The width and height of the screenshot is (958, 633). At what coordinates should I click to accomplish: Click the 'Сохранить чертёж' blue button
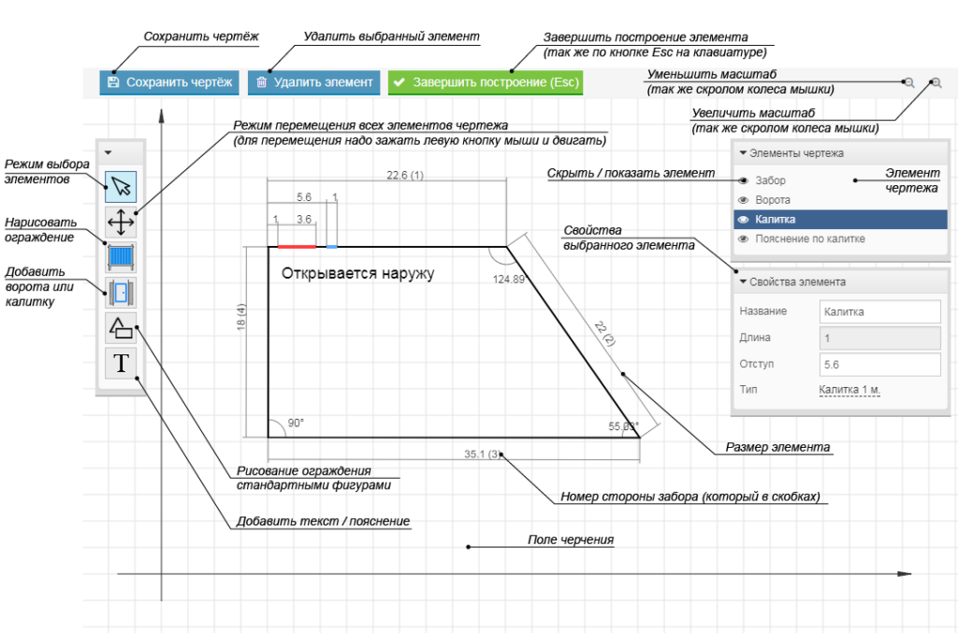point(169,82)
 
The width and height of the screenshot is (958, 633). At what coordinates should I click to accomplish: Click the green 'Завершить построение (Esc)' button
point(486,82)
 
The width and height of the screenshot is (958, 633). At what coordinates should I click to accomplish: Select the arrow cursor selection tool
point(121,187)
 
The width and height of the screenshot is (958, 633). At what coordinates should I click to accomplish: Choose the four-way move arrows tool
point(121,222)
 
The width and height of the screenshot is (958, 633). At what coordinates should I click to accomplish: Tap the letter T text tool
point(121,362)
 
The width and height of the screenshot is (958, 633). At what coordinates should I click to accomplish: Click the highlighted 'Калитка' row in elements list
point(840,220)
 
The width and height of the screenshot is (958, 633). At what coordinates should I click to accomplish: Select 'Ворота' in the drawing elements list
point(773,200)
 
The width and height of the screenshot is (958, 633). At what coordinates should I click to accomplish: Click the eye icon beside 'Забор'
point(743,180)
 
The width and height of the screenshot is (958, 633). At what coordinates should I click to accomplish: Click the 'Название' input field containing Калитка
point(879,311)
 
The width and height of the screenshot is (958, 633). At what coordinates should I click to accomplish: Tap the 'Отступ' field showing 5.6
point(879,364)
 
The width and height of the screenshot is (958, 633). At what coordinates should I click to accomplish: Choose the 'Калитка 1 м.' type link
point(849,390)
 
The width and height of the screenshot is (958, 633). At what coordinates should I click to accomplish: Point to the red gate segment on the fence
point(297,247)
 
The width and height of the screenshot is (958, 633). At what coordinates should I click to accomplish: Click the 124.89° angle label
point(510,279)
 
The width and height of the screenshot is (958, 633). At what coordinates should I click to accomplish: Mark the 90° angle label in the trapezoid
point(296,423)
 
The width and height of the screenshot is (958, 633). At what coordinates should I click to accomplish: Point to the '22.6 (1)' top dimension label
point(405,175)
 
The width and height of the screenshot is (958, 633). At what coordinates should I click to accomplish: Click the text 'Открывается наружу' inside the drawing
point(358,274)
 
